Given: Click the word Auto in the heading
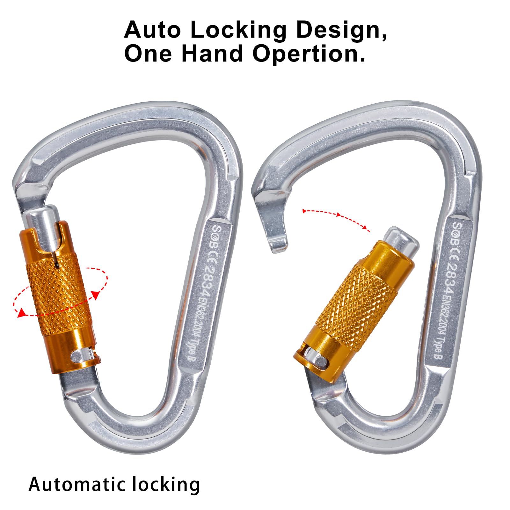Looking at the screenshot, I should point(152,30).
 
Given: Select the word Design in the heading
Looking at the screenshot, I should point(341,30).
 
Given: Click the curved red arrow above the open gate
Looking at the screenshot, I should point(336,218).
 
